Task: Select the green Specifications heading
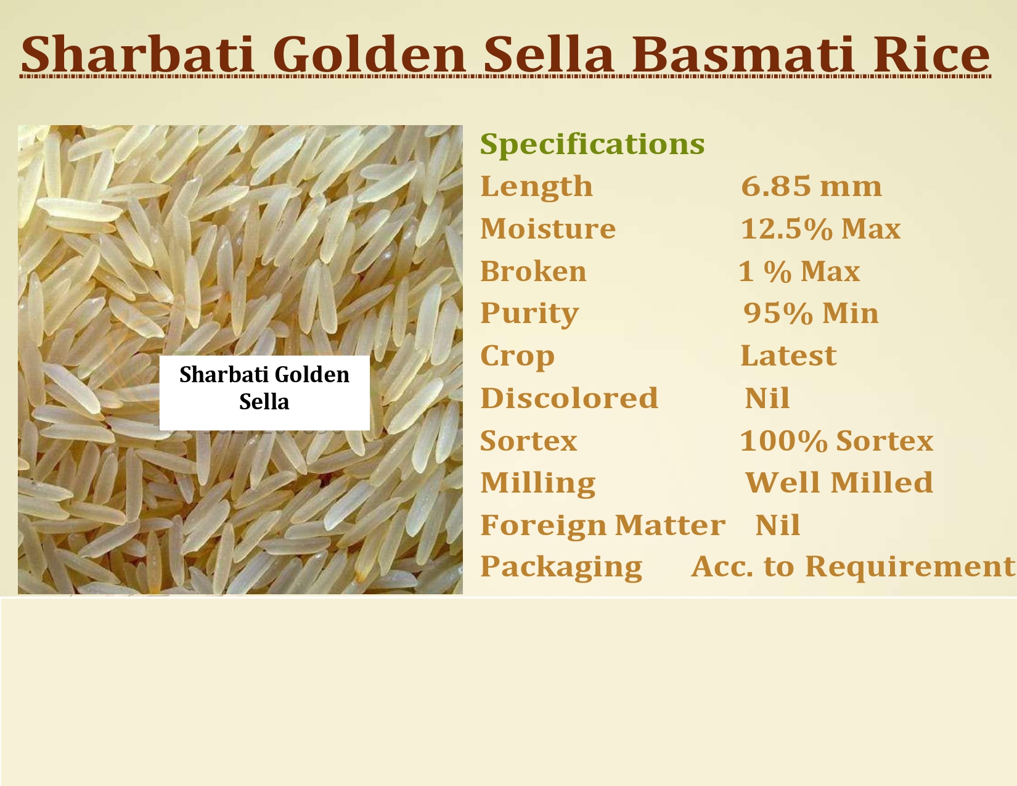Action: [x=592, y=145]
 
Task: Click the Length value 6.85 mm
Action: [x=811, y=186]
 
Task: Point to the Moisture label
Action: [x=547, y=229]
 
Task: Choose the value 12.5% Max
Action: [x=820, y=229]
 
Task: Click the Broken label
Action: [x=533, y=271]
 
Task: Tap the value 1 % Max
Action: [x=799, y=271]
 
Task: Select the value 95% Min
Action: [x=811, y=313]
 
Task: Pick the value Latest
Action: [x=788, y=356]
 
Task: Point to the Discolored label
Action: [x=569, y=398]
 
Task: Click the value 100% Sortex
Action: [x=836, y=441]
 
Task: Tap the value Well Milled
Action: [x=839, y=483]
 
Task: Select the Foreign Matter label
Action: [x=603, y=526]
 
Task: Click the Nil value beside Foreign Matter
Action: [x=777, y=525]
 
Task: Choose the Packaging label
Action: [x=561, y=568]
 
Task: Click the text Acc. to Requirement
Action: [x=853, y=567]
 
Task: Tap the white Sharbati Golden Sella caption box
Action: [x=264, y=393]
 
